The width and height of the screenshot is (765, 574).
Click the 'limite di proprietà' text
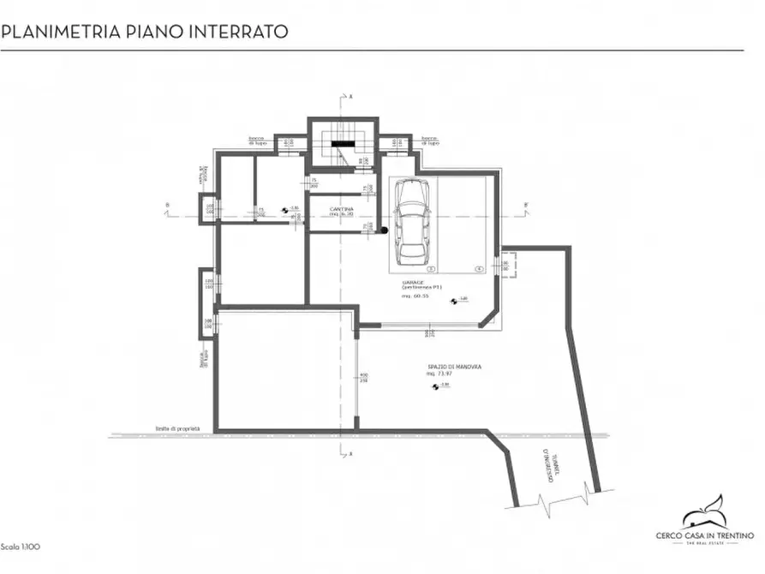click(178, 428)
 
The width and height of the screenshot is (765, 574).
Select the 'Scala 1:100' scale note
click(20, 546)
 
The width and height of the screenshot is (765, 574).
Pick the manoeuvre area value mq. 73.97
click(442, 374)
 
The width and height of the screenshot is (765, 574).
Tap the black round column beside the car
click(385, 230)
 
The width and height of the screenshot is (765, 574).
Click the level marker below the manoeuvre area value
click(435, 386)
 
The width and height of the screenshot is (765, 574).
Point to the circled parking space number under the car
click(412, 269)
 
